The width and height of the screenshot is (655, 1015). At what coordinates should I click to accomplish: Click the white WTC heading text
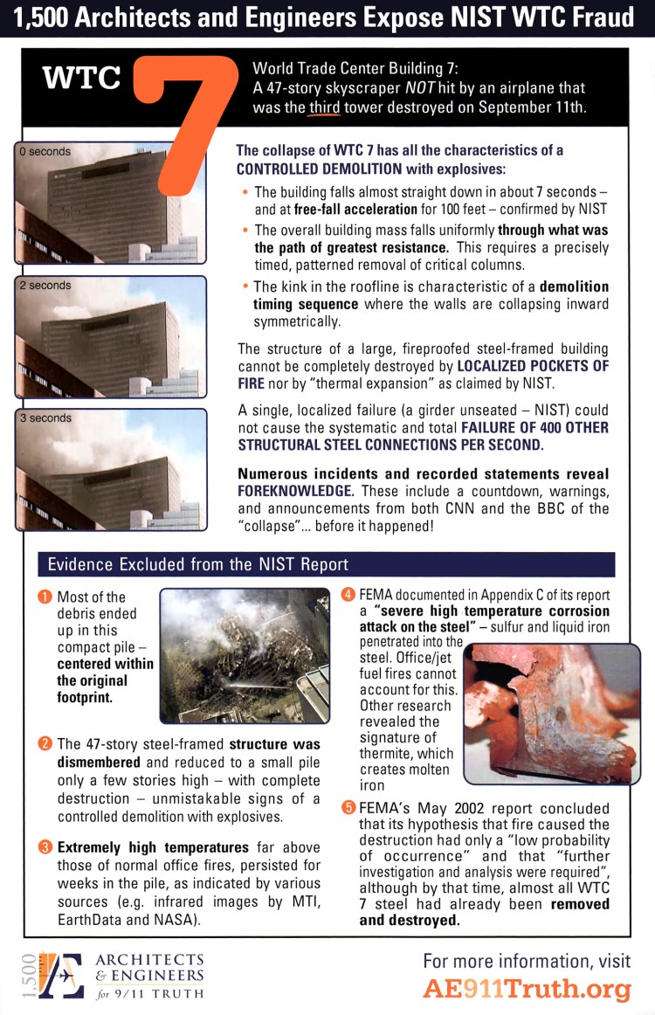click(x=82, y=78)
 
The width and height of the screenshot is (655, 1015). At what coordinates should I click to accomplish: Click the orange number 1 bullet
click(x=45, y=597)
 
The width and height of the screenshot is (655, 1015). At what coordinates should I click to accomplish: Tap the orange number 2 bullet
click(x=45, y=744)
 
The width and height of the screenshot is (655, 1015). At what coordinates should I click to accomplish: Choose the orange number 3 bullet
click(x=45, y=847)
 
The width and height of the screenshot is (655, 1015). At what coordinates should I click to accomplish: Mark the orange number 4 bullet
click(x=348, y=596)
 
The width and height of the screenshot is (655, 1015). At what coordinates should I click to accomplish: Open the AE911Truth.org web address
click(x=527, y=990)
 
